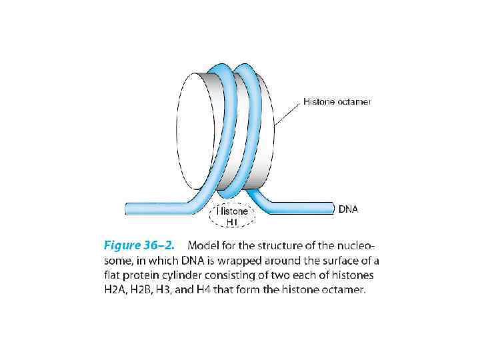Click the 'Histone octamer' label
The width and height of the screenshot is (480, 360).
[337, 102]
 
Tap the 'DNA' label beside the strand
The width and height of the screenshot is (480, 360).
[348, 209]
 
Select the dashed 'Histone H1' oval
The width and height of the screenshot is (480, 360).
[232, 215]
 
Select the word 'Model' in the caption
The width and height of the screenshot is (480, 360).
[203, 245]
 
